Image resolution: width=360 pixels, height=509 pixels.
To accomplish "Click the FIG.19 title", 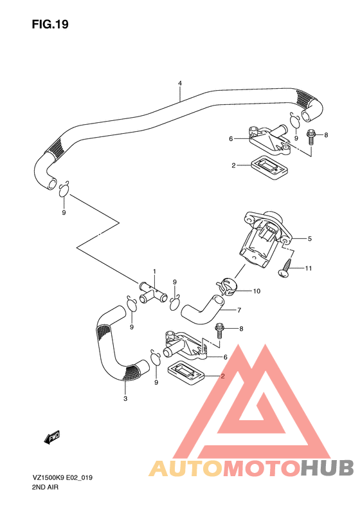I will (50, 25).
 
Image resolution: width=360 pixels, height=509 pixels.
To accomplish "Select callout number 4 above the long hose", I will (180, 84).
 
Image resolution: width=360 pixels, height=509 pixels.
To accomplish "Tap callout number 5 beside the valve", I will (309, 239).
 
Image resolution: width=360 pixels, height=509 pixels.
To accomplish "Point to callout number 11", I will (308, 268).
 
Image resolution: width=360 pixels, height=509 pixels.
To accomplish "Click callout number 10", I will (256, 291).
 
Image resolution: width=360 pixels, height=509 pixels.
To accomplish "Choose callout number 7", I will (239, 310).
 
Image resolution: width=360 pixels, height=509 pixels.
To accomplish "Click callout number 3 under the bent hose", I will (125, 399).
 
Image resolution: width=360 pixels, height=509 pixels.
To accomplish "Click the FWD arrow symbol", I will (51, 438).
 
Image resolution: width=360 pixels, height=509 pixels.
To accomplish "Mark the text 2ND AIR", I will (45, 488).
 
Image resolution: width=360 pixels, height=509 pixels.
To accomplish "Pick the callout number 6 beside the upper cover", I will (230, 138).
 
